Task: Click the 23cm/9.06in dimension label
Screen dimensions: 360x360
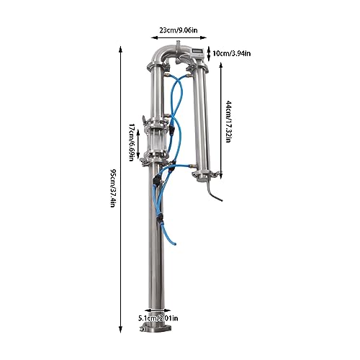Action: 179,30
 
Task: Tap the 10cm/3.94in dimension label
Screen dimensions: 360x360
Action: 232,53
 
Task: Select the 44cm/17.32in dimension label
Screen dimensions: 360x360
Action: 229,122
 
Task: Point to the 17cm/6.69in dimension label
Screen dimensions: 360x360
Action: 131,143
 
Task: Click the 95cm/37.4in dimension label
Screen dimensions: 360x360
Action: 113,188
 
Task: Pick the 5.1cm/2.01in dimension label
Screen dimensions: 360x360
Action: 158,318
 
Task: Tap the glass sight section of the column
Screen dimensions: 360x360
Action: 156,140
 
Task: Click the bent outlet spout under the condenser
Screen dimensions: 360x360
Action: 212,192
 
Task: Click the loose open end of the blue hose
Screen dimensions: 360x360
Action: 175,243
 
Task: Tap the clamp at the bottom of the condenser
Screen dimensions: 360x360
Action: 205,174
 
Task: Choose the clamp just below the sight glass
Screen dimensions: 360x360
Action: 156,157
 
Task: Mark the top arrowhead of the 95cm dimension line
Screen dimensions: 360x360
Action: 121,49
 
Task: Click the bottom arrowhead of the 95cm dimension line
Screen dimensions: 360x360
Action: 121,330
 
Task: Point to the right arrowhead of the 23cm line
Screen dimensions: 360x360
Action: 204,37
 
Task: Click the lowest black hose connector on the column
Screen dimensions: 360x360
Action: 159,219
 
